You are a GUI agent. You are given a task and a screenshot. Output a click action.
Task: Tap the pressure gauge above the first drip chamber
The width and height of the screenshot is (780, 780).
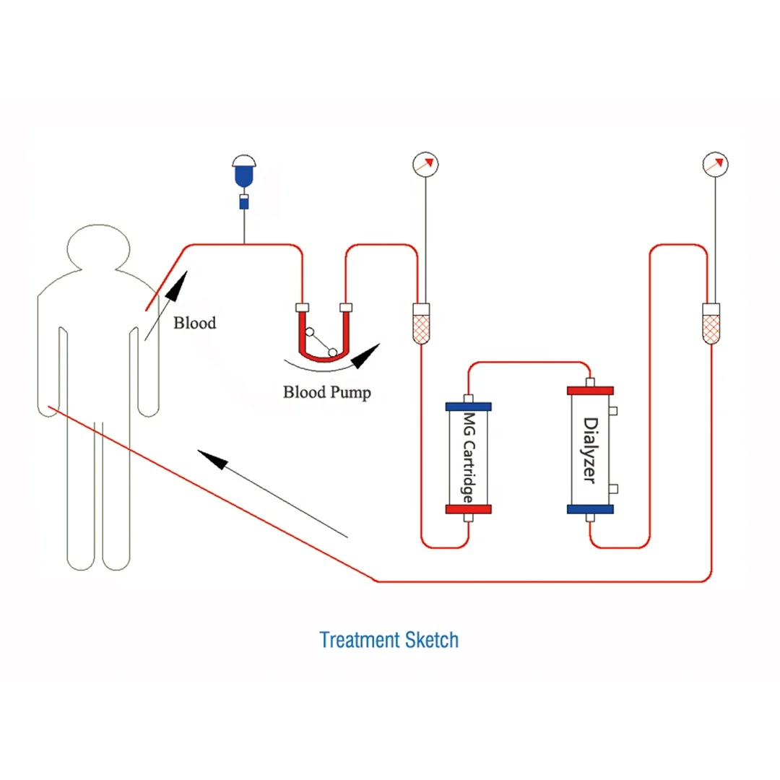(x=426, y=164)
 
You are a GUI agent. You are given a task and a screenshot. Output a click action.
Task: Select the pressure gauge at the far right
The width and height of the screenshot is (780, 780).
(x=715, y=164)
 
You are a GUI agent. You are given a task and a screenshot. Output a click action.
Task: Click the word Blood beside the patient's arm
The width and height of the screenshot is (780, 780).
(x=194, y=323)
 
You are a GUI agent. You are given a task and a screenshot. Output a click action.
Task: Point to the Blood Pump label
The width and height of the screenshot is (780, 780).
(x=327, y=393)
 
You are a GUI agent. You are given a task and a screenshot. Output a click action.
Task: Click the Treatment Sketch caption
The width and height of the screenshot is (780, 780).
(x=389, y=640)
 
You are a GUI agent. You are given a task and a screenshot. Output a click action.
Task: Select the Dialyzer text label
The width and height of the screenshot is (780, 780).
(x=591, y=450)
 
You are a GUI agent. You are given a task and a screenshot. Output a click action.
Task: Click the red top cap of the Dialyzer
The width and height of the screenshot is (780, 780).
(x=590, y=390)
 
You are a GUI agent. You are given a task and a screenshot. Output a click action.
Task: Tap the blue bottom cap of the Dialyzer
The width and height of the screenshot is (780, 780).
(x=590, y=509)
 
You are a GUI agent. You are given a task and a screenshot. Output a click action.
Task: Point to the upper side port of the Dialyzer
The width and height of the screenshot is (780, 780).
(x=613, y=411)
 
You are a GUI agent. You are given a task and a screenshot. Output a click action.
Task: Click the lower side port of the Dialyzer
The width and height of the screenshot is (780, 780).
(x=613, y=490)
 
